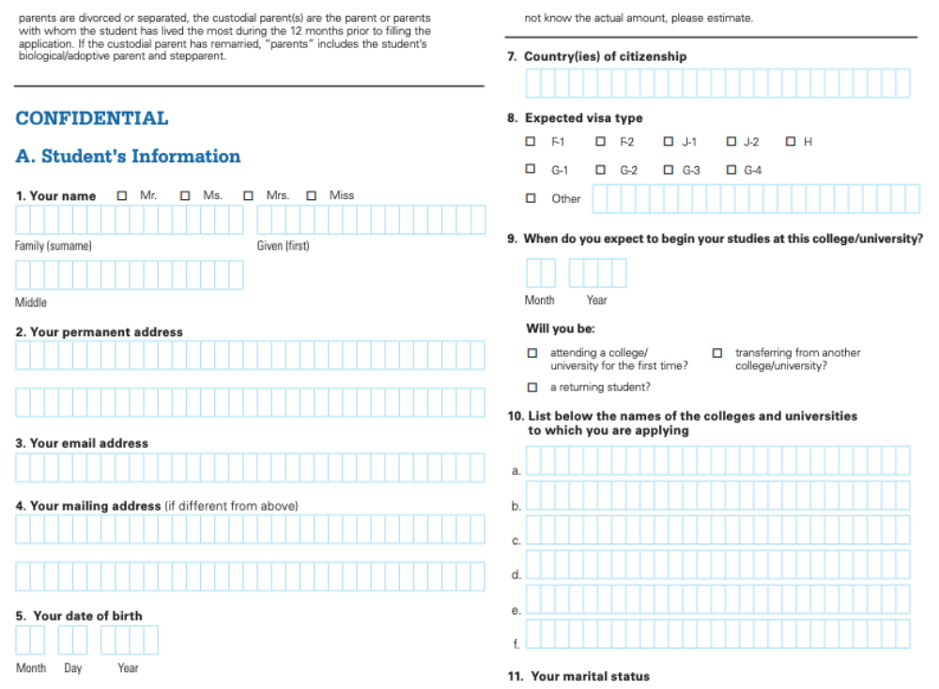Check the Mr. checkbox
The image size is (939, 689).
[x=122, y=195]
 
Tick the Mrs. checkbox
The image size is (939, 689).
[x=249, y=195]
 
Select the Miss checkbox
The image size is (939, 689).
[x=312, y=195]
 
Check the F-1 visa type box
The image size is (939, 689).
[x=531, y=142]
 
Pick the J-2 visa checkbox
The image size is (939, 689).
[x=732, y=142]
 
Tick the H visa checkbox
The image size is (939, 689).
[x=792, y=142]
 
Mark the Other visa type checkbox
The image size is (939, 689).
[x=531, y=198]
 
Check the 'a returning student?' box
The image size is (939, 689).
[x=532, y=387]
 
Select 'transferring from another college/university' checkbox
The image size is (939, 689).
[x=717, y=353]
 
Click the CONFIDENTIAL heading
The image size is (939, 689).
[x=92, y=118]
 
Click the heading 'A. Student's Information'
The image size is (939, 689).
[x=128, y=156]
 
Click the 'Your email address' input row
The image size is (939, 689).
[x=250, y=467]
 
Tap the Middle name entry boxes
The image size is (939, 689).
[x=130, y=275]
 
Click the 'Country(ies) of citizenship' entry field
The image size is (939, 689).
[x=717, y=84]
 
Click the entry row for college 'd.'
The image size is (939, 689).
[x=717, y=564]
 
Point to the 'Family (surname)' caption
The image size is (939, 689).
[x=54, y=246]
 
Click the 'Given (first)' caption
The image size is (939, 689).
[x=283, y=246]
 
